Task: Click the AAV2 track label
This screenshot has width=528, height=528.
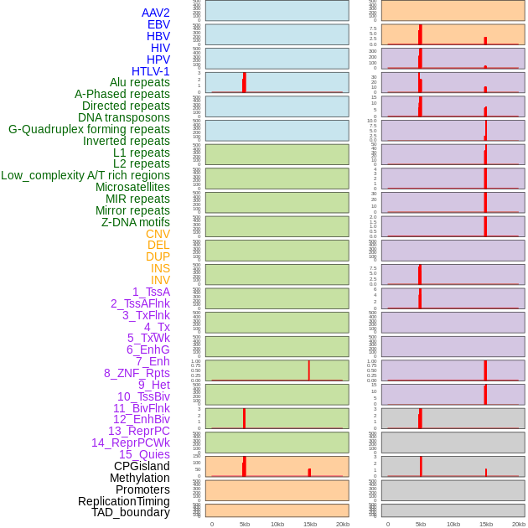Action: tap(155, 13)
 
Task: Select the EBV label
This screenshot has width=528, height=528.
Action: tap(158, 24)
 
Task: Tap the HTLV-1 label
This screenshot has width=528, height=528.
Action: tap(151, 71)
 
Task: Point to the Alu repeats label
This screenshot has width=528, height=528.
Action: tap(140, 82)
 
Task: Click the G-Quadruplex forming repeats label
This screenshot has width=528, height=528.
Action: tap(89, 129)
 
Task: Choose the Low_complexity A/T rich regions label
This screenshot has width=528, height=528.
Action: tap(85, 175)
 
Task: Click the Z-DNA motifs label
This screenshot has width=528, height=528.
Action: tap(136, 222)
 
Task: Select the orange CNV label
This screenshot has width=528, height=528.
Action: tap(158, 234)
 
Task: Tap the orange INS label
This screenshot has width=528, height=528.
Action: tap(160, 268)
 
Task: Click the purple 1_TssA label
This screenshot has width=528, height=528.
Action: tap(151, 292)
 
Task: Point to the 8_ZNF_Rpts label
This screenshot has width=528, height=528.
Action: tap(137, 373)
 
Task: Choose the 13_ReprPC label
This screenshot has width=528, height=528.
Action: tap(138, 431)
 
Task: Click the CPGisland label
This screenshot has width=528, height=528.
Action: tap(142, 466)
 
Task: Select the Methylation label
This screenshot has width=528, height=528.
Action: tap(139, 478)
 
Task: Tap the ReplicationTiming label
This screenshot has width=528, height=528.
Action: tap(124, 501)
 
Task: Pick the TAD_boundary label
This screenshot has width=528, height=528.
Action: tap(131, 512)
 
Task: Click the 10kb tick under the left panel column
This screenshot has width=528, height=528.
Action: tap(277, 524)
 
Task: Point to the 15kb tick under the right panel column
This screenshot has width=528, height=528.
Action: tap(486, 524)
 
